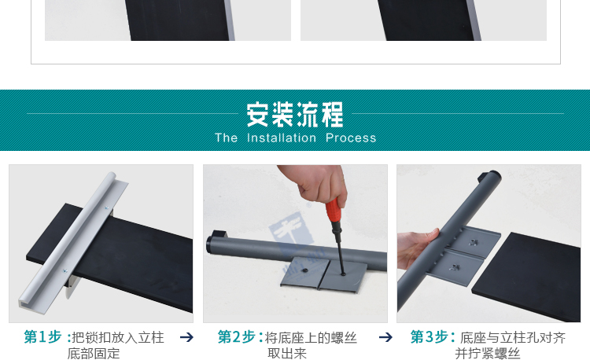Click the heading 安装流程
pyautogui.click(x=295, y=115)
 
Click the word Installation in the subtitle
pyautogui.click(x=281, y=138)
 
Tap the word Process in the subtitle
pyautogui.click(x=351, y=138)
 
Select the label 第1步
pyautogui.click(x=42, y=337)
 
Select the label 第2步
pyautogui.click(x=236, y=337)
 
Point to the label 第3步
pyautogui.click(x=430, y=337)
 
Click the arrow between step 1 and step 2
pyautogui.click(x=186, y=337)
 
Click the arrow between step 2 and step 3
pyautogui.click(x=385, y=337)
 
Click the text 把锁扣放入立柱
pyautogui.click(x=118, y=337)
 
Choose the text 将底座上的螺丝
pyautogui.click(x=311, y=337)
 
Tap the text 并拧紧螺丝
pyautogui.click(x=488, y=354)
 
